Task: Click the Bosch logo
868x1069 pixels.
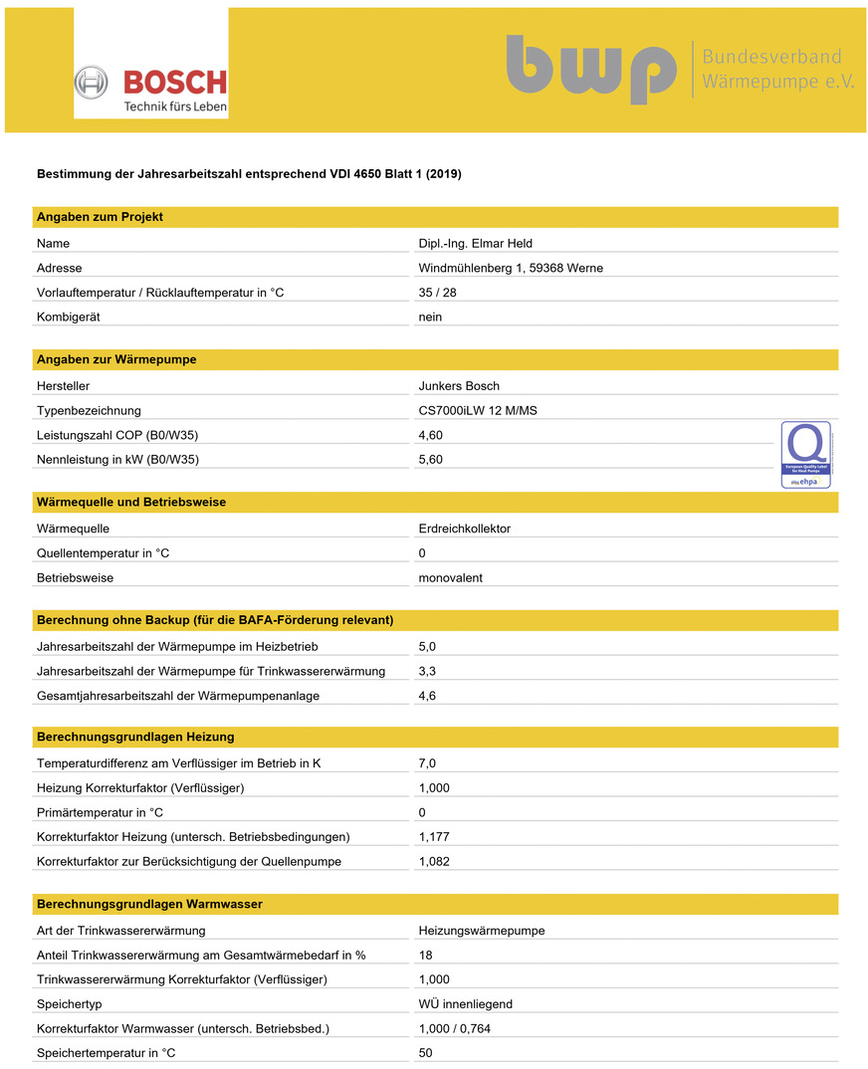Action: point(151,88)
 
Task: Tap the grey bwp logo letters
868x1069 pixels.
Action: point(590,69)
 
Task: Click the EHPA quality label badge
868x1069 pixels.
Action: point(805,455)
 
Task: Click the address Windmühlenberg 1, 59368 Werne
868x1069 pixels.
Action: point(511,268)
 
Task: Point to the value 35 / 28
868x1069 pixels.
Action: point(438,293)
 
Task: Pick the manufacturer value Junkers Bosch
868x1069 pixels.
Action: point(459,385)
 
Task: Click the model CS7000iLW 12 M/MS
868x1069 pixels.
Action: point(478,410)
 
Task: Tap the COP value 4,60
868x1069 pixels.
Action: point(431,435)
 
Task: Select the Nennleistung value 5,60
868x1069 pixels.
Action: point(431,459)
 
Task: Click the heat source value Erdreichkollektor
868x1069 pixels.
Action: point(465,529)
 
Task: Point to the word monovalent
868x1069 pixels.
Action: point(451,577)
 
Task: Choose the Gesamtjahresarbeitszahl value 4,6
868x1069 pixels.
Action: point(427,696)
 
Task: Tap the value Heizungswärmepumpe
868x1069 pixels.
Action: point(482,931)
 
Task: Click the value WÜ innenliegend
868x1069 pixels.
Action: point(466,1004)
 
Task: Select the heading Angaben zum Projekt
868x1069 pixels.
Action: point(100,217)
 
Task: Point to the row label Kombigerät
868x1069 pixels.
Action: point(69,317)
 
